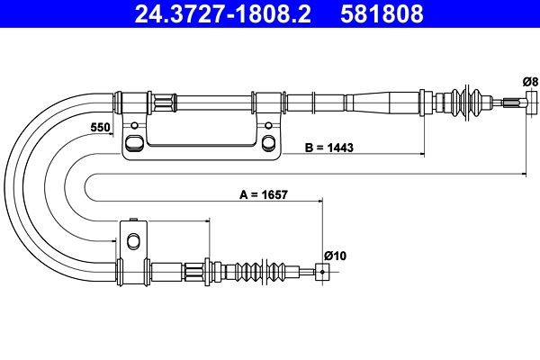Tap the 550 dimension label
99,128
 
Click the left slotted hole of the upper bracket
134,141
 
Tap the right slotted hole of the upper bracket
268,141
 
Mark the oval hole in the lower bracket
133,240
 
